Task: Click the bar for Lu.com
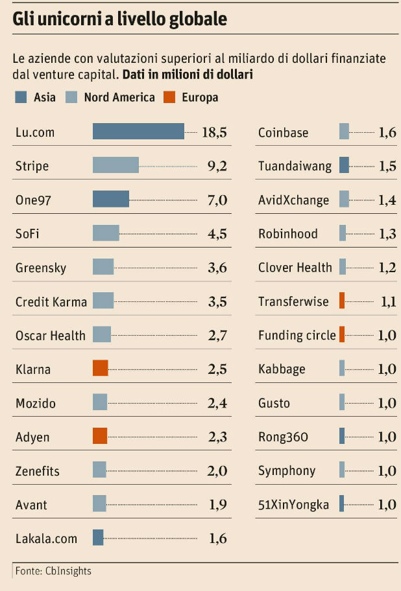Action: click(x=138, y=132)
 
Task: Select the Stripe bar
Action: click(x=115, y=165)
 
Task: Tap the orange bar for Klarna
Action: click(x=100, y=369)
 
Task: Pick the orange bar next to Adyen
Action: click(x=99, y=436)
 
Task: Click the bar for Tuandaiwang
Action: click(x=344, y=165)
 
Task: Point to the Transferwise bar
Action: click(x=342, y=301)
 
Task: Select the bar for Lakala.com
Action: click(x=98, y=537)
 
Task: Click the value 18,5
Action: click(x=214, y=132)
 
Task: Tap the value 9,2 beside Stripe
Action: click(x=217, y=166)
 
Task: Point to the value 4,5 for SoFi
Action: click(x=217, y=233)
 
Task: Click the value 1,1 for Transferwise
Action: click(x=387, y=301)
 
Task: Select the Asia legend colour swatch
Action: click(x=20, y=97)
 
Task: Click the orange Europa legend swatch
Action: click(x=169, y=97)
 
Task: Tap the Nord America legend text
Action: click(x=119, y=97)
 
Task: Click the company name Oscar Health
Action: click(x=50, y=335)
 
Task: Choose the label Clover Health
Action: click(x=295, y=267)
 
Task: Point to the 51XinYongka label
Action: click(x=293, y=504)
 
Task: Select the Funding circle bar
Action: click(x=342, y=334)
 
